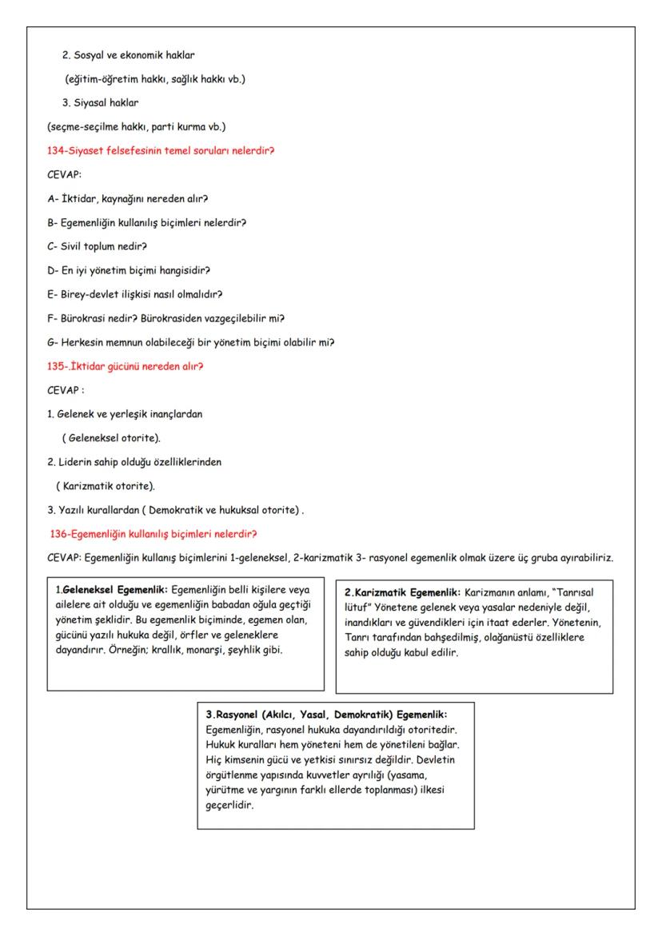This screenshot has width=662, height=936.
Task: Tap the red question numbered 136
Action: point(153,534)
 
